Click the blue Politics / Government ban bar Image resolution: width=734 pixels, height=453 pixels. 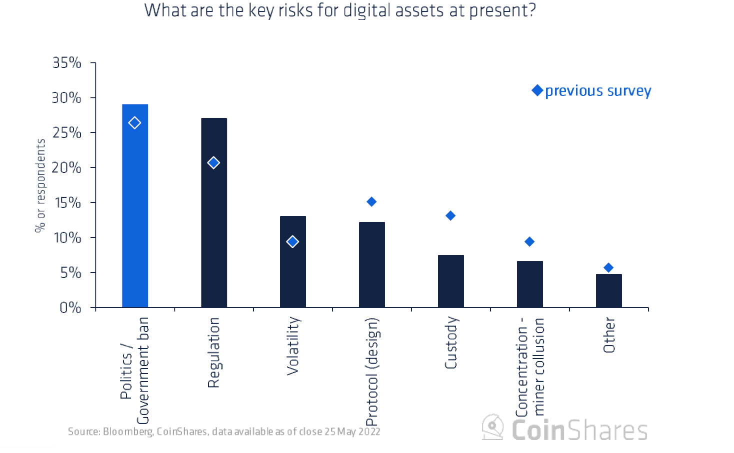pos(135,210)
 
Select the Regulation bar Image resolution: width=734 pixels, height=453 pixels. pos(214,225)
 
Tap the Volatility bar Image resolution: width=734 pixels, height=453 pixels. pos(293,270)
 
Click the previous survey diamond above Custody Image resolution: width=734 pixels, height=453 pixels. pos(450,216)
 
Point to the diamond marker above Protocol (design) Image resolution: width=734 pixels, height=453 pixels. pos(371,202)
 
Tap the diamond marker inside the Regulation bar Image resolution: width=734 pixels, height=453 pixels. pos(213,163)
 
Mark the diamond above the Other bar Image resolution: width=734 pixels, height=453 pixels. pos(608,268)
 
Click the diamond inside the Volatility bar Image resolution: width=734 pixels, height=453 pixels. pos(292,242)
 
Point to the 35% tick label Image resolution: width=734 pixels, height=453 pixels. pos(67,63)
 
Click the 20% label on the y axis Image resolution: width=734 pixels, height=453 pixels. pos(67,168)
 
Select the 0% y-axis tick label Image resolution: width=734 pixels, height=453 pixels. pos(70,307)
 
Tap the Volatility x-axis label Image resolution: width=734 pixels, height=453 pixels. pos(293,346)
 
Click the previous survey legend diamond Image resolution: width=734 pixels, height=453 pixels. pos(537,90)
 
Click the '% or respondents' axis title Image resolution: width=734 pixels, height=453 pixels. pos(40,185)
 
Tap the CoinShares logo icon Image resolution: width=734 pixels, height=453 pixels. pos(493,427)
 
